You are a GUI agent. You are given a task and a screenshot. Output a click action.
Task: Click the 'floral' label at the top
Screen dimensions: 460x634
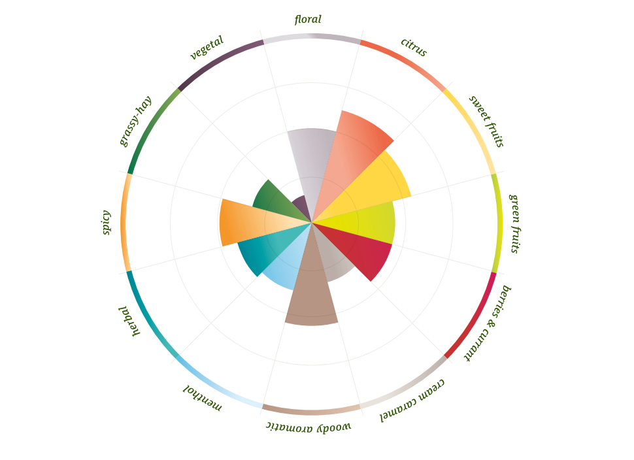pos(308,20)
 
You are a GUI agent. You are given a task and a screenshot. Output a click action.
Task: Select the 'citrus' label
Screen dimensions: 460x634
pos(413,47)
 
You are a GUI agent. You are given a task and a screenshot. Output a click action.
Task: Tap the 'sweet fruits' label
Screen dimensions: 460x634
pos(486,121)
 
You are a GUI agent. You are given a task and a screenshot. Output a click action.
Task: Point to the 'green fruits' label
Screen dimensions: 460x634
pos(514,223)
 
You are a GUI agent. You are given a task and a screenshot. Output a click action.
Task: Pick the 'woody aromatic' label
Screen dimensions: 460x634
pos(309,427)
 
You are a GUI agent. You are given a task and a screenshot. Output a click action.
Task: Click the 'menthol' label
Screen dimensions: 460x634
pos(203,398)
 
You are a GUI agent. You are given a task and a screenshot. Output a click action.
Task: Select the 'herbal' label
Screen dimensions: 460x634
pos(129,320)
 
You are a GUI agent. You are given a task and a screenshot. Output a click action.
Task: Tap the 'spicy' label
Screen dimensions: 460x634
pos(106,222)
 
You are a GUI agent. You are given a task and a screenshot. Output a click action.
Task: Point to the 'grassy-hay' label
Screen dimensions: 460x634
pos(135,121)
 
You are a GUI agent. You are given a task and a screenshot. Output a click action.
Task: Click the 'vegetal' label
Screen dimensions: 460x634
pos(207,48)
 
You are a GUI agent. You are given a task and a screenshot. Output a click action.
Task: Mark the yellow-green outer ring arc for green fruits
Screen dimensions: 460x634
pos(499,223)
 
